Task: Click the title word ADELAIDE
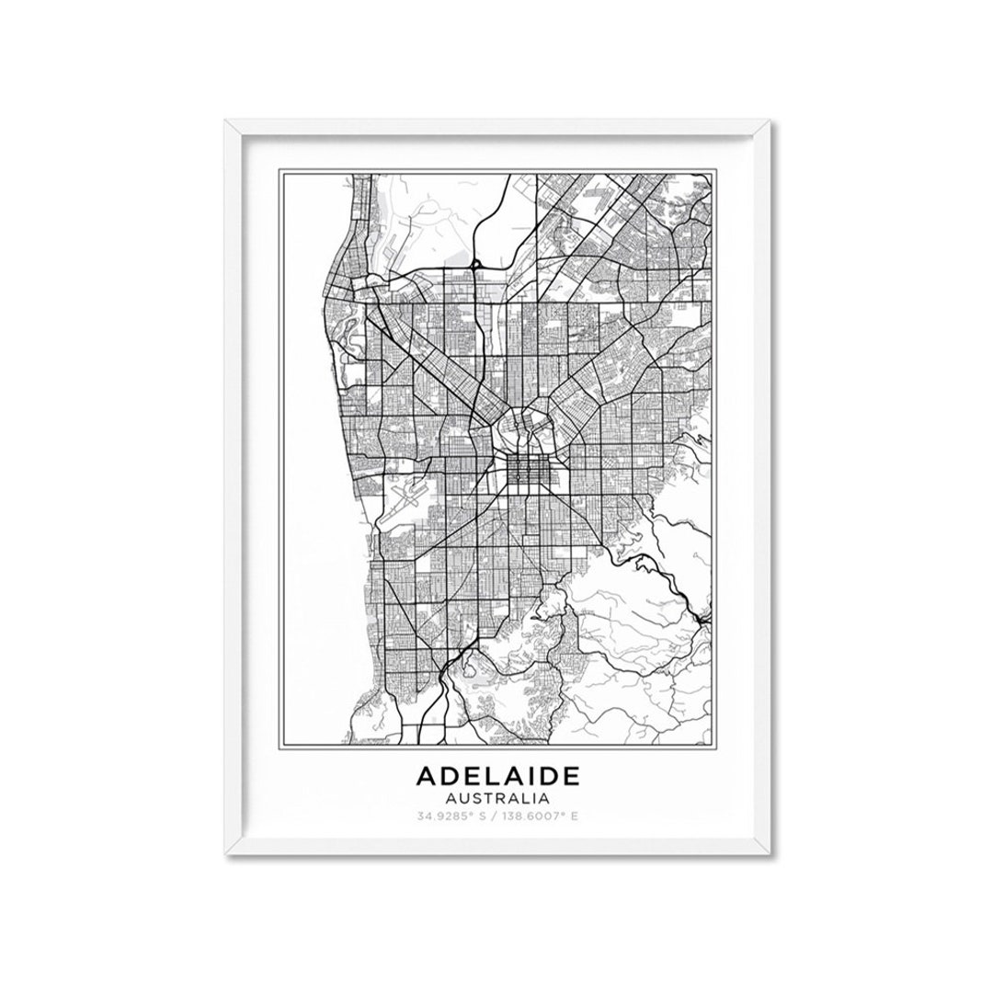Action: (498, 776)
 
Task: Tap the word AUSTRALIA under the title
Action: (498, 797)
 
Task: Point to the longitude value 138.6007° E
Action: (538, 815)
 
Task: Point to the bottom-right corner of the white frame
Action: (769, 852)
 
